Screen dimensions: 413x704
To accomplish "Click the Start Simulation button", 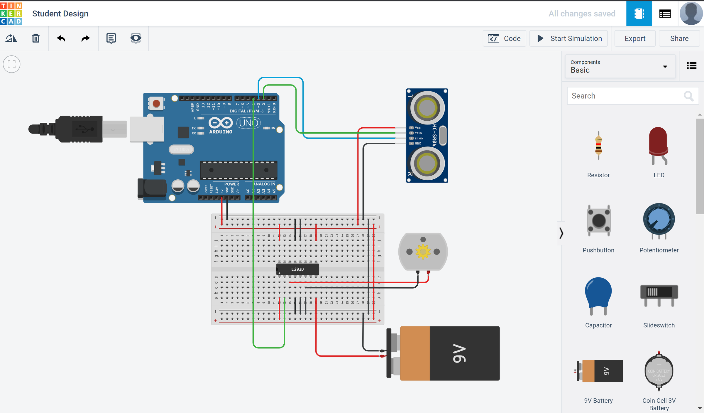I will click(569, 38).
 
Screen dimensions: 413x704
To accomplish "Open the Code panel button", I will click(504, 38).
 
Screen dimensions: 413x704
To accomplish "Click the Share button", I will click(679, 38).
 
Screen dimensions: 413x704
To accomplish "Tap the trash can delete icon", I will click(36, 38).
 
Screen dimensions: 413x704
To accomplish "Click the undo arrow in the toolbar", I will click(61, 38).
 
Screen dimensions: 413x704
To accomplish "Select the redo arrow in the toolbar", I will click(85, 38).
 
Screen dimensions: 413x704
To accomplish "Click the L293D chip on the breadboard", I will click(297, 269).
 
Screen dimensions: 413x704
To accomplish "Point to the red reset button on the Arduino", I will click(156, 103).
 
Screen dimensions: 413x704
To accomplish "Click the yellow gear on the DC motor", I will click(423, 252).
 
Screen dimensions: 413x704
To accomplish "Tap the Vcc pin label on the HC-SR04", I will click(418, 128).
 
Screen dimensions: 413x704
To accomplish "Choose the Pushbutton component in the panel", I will click(598, 221).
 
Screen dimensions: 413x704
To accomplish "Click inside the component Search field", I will click(625, 96).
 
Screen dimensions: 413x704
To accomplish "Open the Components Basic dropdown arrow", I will click(665, 67).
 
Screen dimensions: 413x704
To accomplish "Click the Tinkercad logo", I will click(11, 14).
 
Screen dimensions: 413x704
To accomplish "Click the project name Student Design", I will click(60, 14).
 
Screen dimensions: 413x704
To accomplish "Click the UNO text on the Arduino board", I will click(248, 123).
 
